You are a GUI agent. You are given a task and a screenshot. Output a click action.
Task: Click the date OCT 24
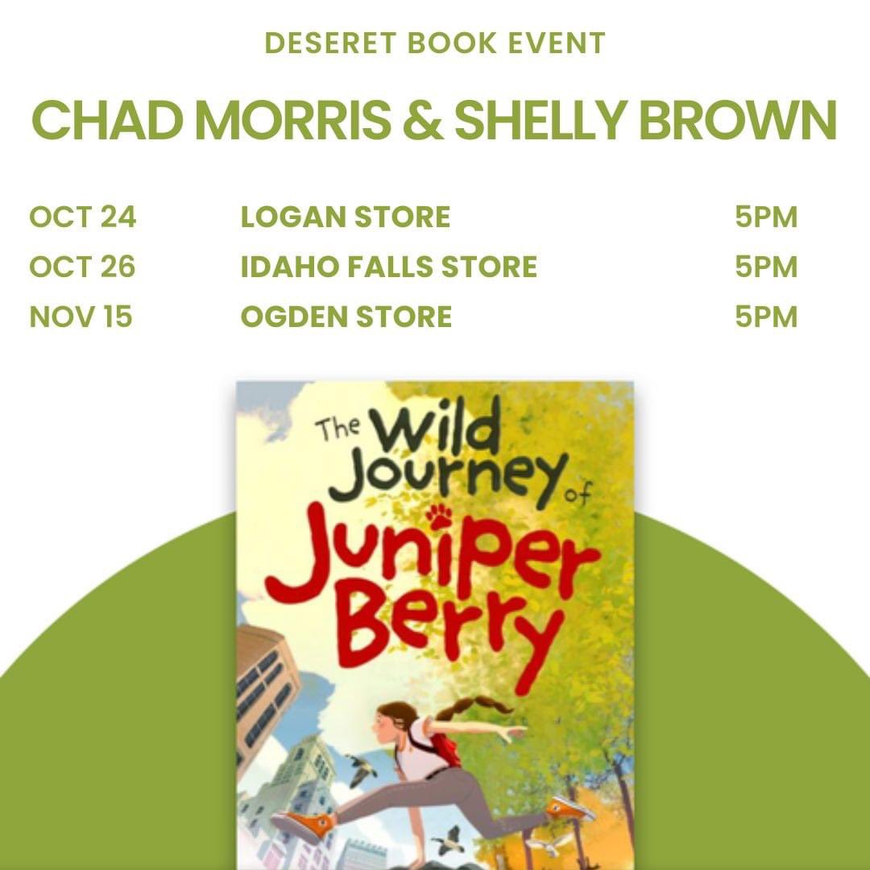pyautogui.click(x=83, y=217)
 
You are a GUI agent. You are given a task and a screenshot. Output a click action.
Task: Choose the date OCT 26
pyautogui.click(x=83, y=267)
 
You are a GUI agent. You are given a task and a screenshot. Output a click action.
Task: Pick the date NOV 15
pyautogui.click(x=81, y=317)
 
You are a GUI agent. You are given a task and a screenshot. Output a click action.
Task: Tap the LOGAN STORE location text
pyautogui.click(x=345, y=217)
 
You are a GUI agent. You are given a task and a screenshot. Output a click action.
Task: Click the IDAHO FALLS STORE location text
pyautogui.click(x=388, y=267)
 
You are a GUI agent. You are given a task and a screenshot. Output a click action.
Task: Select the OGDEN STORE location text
pyautogui.click(x=346, y=317)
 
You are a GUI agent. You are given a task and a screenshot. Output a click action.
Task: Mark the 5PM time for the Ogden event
pyautogui.click(x=765, y=317)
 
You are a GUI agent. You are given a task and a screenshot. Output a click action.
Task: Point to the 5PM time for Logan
pyautogui.click(x=765, y=217)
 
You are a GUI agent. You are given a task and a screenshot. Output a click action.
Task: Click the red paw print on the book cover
pyautogui.click(x=440, y=516)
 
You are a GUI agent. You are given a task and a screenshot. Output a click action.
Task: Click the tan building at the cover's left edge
pyautogui.click(x=262, y=693)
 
